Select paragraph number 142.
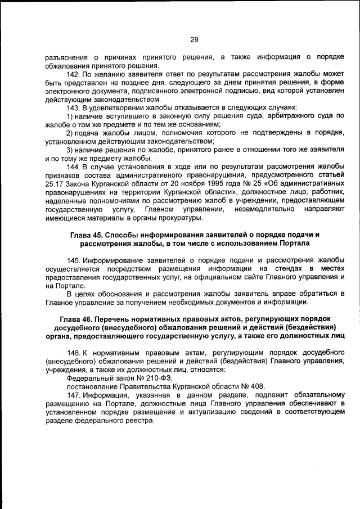point(74,75)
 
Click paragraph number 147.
point(74,394)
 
